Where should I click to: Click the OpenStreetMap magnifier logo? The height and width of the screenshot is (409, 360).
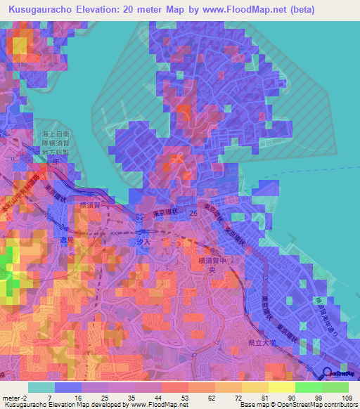[328, 372]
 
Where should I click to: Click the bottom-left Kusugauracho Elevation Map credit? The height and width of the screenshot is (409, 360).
[42, 405]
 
